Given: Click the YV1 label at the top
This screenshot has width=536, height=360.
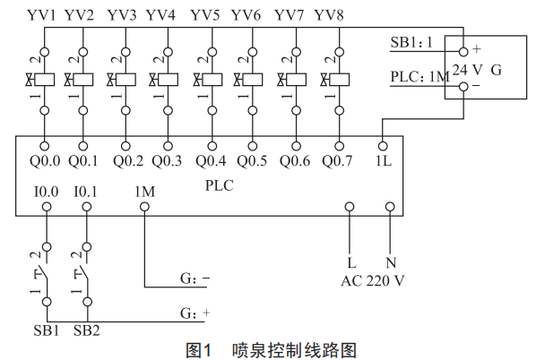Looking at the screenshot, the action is (41, 15).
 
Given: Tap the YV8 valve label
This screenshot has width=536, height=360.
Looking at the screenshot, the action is (329, 15).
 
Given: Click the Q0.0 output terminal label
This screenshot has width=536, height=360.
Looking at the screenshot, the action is (45, 161).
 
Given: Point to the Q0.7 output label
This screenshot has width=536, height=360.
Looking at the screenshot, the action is (337, 161).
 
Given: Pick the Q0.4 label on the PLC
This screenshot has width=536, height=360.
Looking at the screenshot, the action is (211, 161).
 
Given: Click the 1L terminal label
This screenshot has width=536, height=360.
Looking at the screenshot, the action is (384, 160).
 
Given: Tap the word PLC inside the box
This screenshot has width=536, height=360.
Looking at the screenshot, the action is (219, 185).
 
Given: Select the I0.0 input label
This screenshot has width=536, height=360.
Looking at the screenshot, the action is (46, 192).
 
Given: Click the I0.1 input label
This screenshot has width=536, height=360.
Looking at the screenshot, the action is (86, 192).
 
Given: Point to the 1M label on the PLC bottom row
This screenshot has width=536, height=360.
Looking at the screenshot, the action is (145, 192).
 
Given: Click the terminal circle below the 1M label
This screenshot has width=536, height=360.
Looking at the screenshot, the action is (145, 207).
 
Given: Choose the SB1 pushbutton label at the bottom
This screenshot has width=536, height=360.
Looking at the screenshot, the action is (46, 330).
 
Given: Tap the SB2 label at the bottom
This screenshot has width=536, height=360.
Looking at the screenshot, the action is (86, 330).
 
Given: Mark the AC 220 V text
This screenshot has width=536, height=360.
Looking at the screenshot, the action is (373, 281).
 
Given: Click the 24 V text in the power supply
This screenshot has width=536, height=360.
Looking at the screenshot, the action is (467, 70).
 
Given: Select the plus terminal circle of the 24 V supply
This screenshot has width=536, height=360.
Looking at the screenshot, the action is (463, 52).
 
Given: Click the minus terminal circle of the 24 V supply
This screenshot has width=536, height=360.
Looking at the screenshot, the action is (463, 86).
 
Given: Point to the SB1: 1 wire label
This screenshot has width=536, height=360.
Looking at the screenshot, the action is (411, 42).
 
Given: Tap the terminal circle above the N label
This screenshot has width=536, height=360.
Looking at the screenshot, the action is (390, 207).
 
